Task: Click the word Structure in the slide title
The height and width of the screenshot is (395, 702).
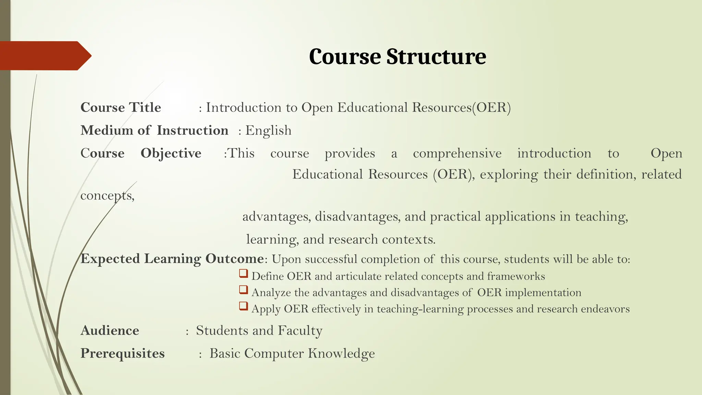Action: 436,57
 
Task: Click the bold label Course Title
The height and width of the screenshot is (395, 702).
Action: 121,108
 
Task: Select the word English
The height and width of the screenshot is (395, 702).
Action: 268,131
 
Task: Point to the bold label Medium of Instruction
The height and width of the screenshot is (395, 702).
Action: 154,131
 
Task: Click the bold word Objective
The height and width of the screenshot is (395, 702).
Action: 171,153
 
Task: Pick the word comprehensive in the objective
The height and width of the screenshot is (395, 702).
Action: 457,153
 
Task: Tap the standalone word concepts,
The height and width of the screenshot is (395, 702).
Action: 107,195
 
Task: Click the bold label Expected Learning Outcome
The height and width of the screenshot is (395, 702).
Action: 172,259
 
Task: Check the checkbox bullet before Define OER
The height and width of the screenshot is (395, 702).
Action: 243,274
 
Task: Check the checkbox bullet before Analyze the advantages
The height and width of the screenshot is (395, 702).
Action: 243,290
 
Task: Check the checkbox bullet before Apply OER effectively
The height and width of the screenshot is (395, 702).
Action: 243,306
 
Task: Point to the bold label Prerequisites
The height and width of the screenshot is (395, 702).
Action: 122,354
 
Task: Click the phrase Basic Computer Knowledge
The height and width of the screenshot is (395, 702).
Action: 292,354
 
